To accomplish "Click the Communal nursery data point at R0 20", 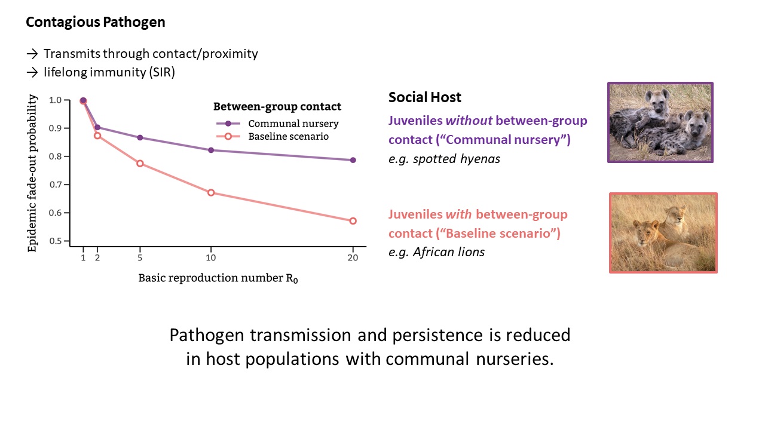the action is [353, 160].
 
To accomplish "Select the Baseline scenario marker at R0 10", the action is [211, 193].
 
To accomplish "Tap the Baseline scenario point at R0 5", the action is [140, 164].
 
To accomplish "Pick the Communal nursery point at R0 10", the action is [211, 150].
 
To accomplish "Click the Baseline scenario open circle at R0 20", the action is [353, 221].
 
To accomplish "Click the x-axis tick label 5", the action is [140, 257].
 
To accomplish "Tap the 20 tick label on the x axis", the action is [353, 257].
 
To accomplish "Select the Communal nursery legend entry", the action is [277, 124].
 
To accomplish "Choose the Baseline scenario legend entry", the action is [273, 137].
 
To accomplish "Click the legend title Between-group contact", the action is [277, 106].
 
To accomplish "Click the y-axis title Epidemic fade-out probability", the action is [32, 173].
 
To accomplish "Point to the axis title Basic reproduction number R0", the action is [218, 278].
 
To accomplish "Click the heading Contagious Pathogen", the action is [96, 22].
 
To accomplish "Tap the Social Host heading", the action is [425, 97].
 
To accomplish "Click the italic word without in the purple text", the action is [469, 121].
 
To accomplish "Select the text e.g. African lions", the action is [436, 252].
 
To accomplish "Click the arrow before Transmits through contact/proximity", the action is [32, 54].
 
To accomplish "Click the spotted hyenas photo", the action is [660, 122].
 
